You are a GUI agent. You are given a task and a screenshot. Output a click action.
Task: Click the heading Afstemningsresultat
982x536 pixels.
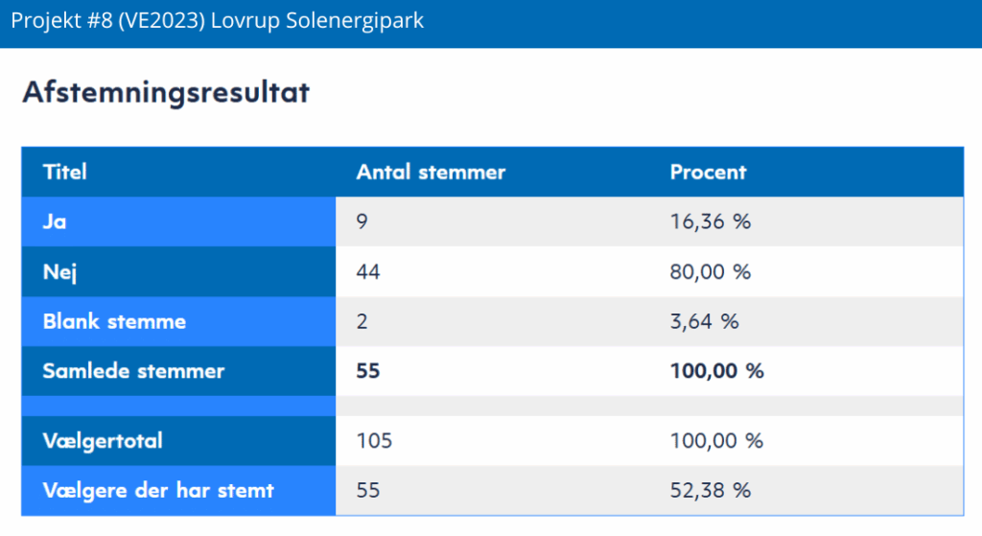point(166,93)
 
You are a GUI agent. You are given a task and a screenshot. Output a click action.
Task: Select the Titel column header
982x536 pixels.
point(65,173)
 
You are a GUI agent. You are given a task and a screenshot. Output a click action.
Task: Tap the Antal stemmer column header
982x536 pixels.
point(431,173)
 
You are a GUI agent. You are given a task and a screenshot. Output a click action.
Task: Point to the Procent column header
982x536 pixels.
point(708,173)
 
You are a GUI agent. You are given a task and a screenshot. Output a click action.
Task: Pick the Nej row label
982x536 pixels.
point(59,272)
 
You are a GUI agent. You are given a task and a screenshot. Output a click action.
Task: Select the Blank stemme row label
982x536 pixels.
point(114,321)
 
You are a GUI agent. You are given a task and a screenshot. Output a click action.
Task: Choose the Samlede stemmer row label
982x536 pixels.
point(133,371)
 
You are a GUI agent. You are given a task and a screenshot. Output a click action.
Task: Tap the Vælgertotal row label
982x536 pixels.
point(103,441)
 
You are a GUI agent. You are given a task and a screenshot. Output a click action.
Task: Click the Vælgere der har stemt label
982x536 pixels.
point(158,491)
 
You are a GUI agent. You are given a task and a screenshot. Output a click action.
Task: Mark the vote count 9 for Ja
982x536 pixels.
point(362,222)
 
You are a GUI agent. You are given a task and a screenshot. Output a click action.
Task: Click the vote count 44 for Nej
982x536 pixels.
point(368,272)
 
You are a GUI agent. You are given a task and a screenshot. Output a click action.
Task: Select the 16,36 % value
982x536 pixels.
point(710,222)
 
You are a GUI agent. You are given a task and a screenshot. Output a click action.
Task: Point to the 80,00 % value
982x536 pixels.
point(710,272)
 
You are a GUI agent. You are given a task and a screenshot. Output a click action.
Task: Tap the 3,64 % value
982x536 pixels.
point(704,321)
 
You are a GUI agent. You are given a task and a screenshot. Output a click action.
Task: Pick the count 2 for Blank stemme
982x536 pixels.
point(362,321)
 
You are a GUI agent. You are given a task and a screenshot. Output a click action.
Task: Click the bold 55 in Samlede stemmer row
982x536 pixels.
point(368,371)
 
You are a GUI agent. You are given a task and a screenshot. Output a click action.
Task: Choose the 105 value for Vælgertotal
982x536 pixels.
point(374,441)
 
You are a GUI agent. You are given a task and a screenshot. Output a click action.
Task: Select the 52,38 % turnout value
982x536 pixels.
point(710,491)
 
